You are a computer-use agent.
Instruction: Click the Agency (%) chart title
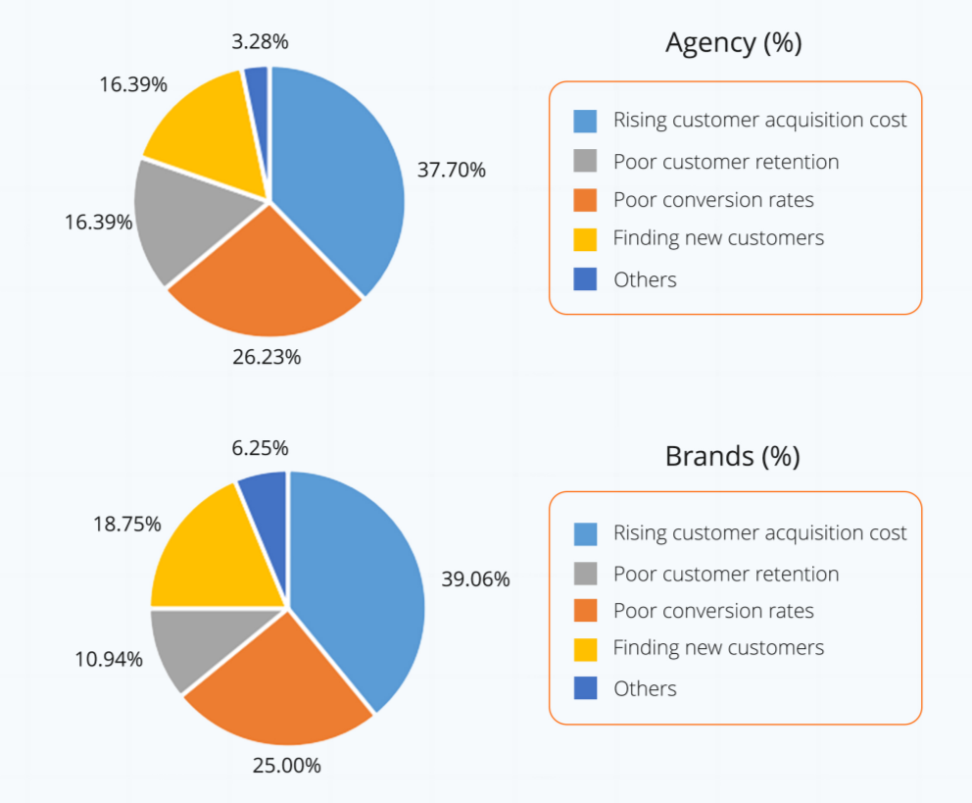point(733,43)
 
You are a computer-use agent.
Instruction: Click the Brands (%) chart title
point(732,456)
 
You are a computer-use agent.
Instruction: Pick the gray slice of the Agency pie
point(181,221)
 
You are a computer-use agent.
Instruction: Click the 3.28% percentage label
point(260,42)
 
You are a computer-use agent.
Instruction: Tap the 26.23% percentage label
point(267,357)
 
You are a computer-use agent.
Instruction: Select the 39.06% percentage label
point(475,579)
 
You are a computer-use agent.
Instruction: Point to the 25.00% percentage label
point(286,765)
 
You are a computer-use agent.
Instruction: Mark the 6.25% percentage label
point(260,448)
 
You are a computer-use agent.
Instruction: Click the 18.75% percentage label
point(126,525)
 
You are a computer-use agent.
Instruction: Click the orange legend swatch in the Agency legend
point(585,200)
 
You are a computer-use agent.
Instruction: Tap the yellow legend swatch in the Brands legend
point(585,649)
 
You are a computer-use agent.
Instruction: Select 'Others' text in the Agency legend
point(645,279)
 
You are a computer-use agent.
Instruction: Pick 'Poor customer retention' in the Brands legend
point(726,574)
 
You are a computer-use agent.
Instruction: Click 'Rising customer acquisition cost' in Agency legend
point(759,120)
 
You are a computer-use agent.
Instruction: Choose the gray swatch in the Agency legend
point(585,161)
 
